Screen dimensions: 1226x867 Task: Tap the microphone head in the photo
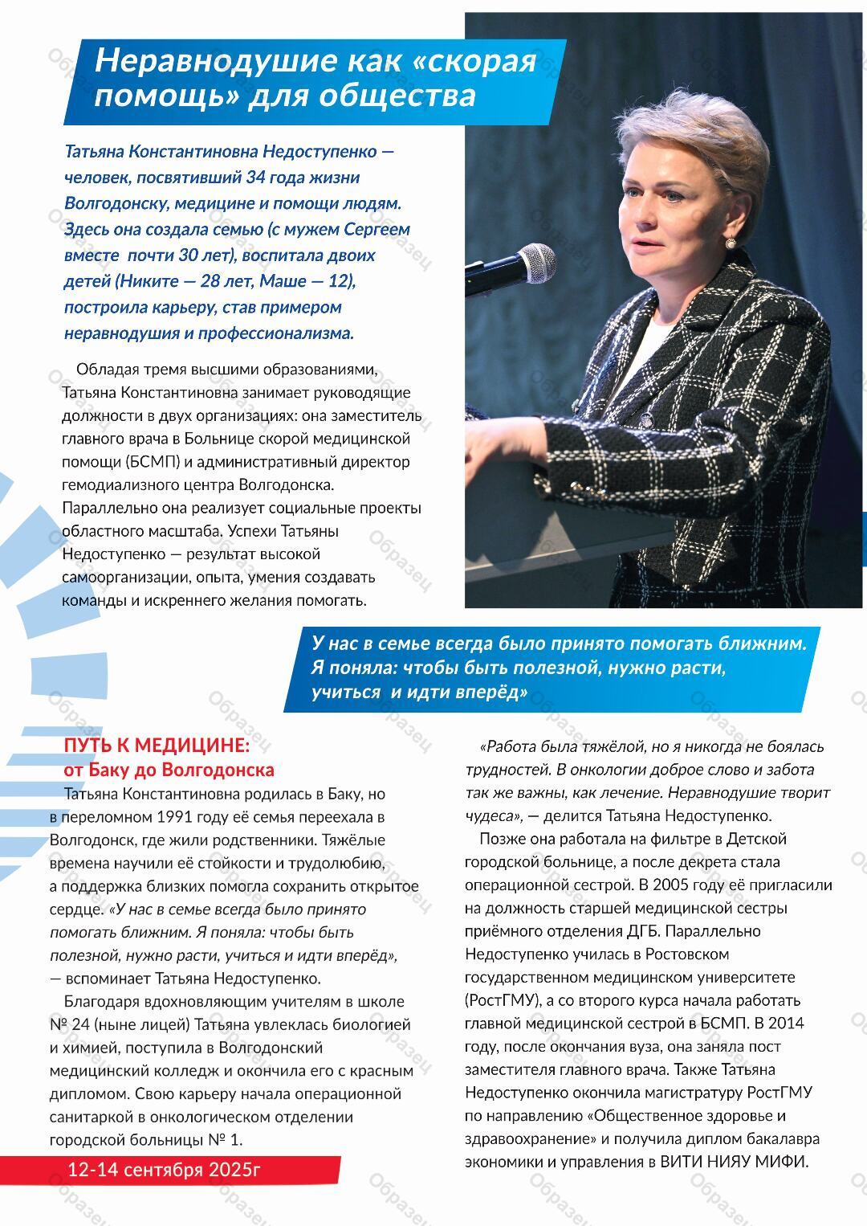click(x=535, y=261)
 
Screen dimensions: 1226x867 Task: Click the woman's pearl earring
click(x=731, y=242)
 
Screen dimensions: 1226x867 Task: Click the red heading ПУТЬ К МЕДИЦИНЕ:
click(x=157, y=746)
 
